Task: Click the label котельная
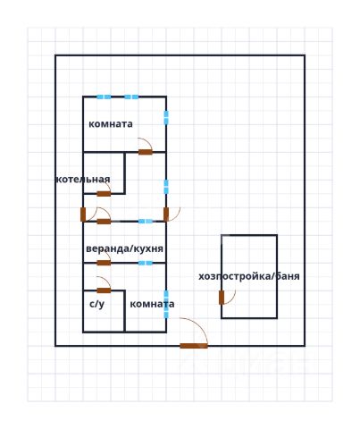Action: tap(83, 180)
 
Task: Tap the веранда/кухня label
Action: tap(124, 248)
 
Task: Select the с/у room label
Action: tap(97, 304)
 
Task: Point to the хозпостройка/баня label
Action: tap(249, 276)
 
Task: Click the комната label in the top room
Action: tap(111, 124)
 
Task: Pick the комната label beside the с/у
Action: tap(152, 304)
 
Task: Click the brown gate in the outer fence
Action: tap(194, 346)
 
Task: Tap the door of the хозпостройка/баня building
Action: tap(222, 297)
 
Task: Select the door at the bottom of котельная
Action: tap(104, 194)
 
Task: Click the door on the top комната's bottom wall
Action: tap(146, 152)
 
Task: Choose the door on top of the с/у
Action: tap(104, 290)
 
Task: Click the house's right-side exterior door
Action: tap(166, 214)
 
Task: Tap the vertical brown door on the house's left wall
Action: tap(83, 214)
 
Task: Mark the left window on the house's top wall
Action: tap(104, 97)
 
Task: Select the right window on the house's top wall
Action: tap(131, 97)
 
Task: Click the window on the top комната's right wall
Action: tap(166, 117)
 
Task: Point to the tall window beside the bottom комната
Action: tap(166, 304)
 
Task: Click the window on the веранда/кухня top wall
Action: tap(146, 221)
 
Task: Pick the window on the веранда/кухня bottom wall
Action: tap(146, 263)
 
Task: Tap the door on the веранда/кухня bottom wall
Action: tap(104, 263)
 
